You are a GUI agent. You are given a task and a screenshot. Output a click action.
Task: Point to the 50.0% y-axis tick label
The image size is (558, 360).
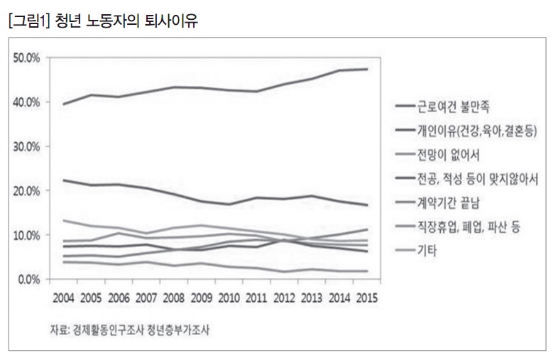coord(28,57)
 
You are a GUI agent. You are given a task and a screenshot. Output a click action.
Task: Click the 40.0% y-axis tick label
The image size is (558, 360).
coord(28,102)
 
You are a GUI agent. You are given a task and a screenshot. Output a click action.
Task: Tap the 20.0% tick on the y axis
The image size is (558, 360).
coord(28,190)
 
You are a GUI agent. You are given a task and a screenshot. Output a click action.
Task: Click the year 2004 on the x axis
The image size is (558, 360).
coord(65,297)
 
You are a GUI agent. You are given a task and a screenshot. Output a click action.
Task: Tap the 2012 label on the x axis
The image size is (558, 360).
coord(285,297)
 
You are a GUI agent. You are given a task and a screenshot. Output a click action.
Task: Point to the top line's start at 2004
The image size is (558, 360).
coord(64,104)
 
